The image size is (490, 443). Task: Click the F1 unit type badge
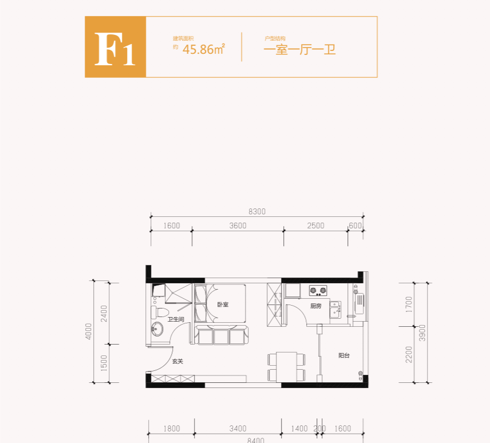(x=116, y=47)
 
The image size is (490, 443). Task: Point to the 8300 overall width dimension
(x=258, y=211)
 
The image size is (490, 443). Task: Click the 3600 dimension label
(x=238, y=226)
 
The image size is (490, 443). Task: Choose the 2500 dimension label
(x=315, y=226)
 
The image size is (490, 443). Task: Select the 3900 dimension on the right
(x=422, y=332)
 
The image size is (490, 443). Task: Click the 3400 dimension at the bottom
(x=238, y=428)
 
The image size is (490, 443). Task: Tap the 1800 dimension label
(x=171, y=428)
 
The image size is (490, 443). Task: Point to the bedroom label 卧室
(x=223, y=305)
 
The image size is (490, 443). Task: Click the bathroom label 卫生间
(x=175, y=319)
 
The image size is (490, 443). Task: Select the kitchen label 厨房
(x=316, y=306)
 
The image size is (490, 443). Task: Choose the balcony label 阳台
(x=343, y=355)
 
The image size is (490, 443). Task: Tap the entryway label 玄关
(x=177, y=362)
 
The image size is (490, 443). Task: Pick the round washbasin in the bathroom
(x=157, y=329)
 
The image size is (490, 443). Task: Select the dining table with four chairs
(x=286, y=366)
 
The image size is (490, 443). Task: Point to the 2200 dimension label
(x=408, y=355)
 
